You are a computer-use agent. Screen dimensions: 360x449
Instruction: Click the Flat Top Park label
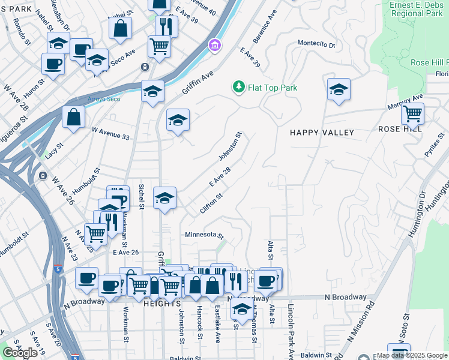[x=273, y=88]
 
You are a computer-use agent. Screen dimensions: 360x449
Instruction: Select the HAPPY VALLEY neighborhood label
[x=322, y=132]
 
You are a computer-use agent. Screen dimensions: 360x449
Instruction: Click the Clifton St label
[x=212, y=203]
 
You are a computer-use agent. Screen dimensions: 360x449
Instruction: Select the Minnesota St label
[x=204, y=235]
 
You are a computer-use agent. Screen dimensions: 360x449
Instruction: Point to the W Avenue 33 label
[x=110, y=129]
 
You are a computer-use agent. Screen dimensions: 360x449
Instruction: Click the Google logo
[x=20, y=353]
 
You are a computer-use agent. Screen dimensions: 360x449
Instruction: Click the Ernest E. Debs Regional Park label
[x=417, y=9]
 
